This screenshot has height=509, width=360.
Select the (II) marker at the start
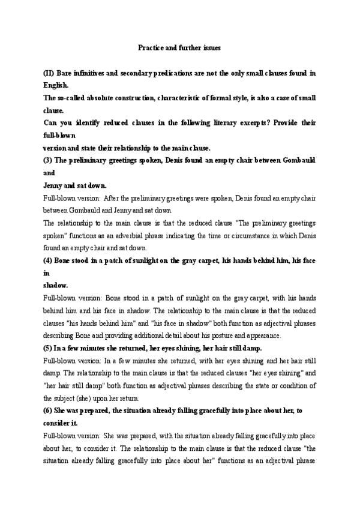tap(49, 73)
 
